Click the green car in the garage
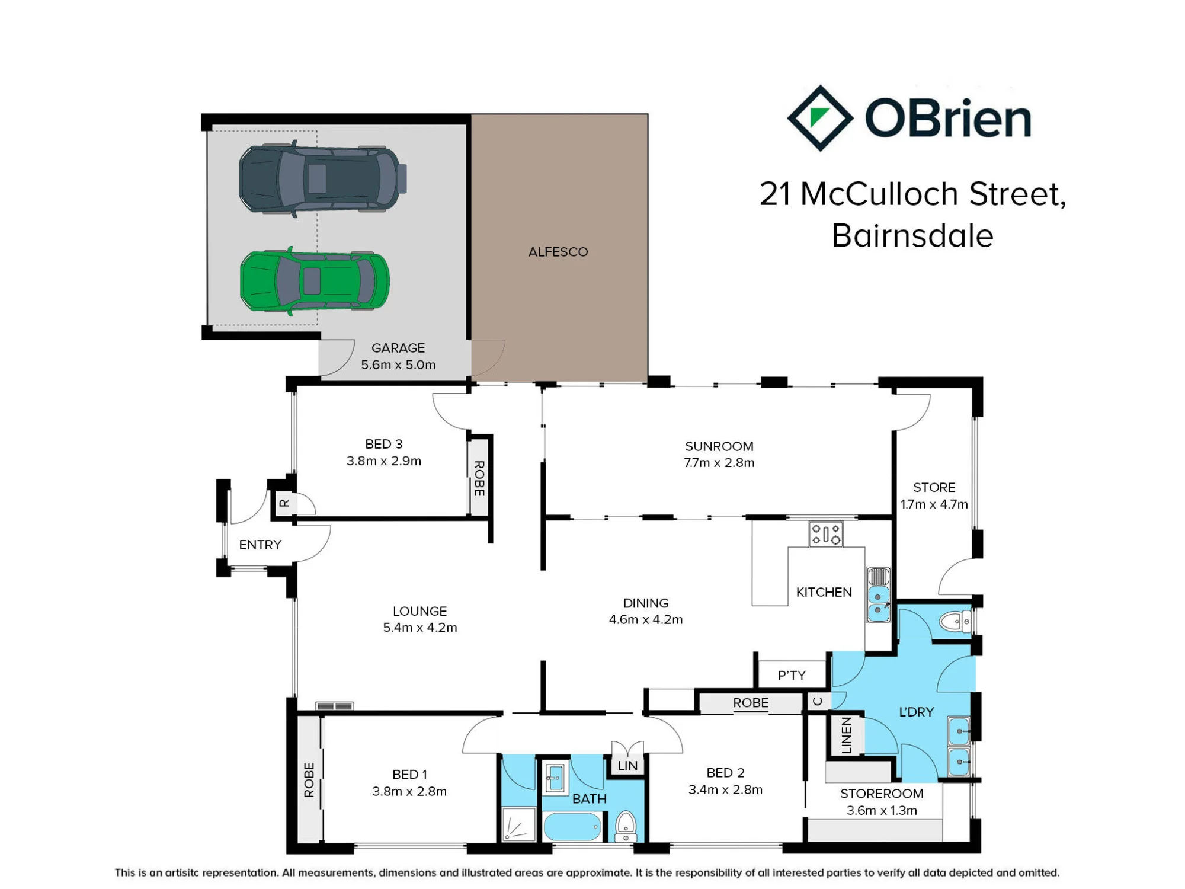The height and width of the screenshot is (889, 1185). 315,281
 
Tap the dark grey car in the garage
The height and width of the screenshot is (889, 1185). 323,179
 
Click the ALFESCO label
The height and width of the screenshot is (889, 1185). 558,252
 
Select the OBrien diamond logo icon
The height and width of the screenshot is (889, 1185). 820,118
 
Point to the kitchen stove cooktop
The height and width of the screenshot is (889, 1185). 826,534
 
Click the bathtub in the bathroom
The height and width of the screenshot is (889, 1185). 572,827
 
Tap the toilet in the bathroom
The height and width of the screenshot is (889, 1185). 626,827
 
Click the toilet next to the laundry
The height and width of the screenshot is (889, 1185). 955,622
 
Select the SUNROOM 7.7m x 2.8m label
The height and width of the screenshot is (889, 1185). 719,455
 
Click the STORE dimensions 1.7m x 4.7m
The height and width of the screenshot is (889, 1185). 934,504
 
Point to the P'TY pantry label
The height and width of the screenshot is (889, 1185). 792,676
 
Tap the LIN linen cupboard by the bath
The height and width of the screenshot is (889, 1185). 627,766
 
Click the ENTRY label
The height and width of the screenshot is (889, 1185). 260,545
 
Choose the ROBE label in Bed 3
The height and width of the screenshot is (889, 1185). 479,478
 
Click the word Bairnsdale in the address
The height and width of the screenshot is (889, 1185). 912,236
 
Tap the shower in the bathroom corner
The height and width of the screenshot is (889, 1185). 519,824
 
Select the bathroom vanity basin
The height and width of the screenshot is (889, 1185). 555,776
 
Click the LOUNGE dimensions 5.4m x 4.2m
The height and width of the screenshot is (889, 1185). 420,628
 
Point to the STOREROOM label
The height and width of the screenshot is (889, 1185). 882,794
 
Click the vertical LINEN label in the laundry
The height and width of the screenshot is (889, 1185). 847,735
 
